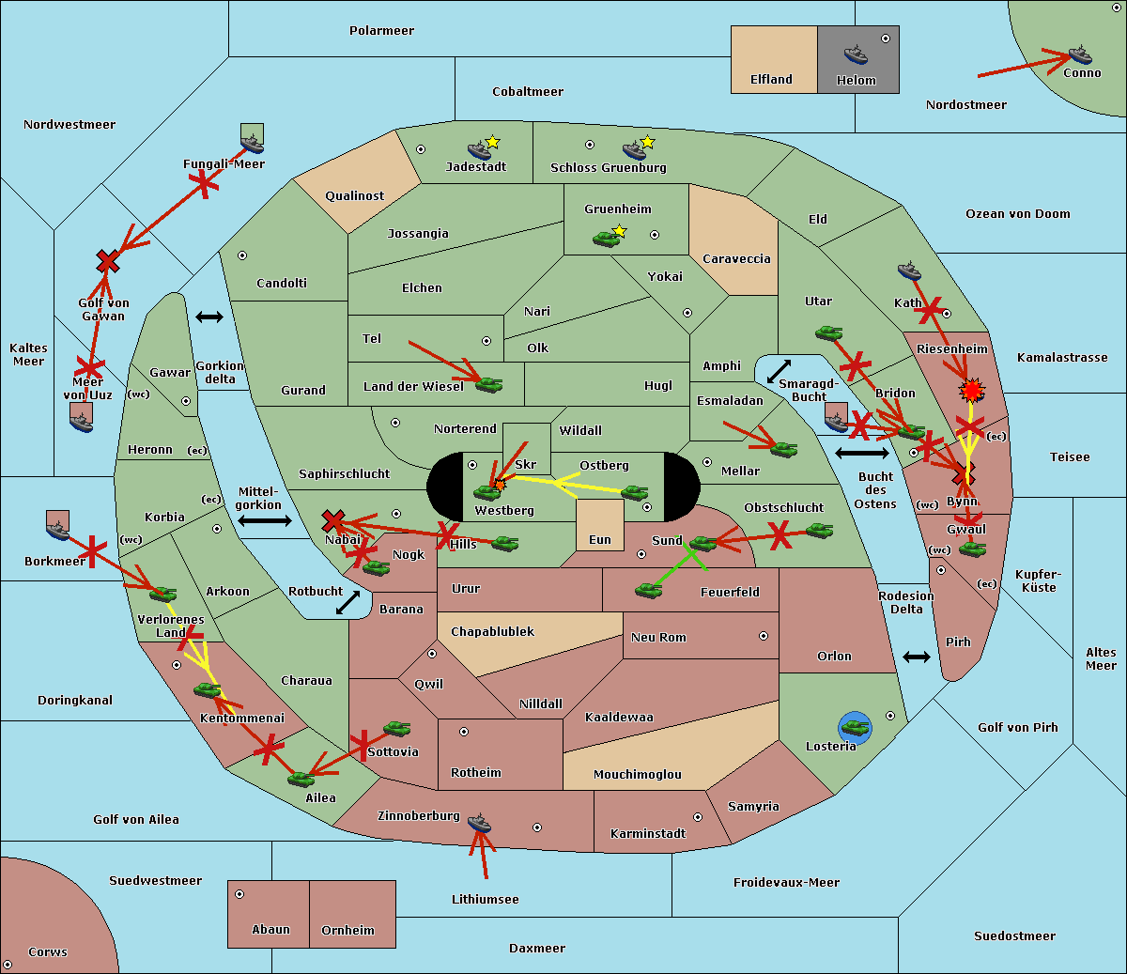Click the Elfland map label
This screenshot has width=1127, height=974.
pyautogui.click(x=771, y=80)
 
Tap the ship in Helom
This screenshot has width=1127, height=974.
pyautogui.click(x=856, y=54)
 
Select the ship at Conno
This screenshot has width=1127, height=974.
pyautogui.click(x=1080, y=54)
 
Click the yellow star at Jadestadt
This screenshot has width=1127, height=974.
pyautogui.click(x=493, y=142)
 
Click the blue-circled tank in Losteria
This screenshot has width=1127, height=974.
pyautogui.click(x=855, y=726)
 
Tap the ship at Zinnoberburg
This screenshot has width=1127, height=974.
pyautogui.click(x=480, y=824)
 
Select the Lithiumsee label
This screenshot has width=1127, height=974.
pyautogui.click(x=485, y=900)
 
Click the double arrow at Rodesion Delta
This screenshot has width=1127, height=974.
pyautogui.click(x=917, y=657)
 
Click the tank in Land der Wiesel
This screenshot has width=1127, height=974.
pyautogui.click(x=488, y=383)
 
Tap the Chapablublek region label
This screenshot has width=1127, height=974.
pyautogui.click(x=492, y=632)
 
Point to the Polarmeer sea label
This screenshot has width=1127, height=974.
pyautogui.click(x=381, y=31)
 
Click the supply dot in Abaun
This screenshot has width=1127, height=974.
pyautogui.click(x=239, y=894)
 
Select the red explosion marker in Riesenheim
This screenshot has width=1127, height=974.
pyautogui.click(x=972, y=389)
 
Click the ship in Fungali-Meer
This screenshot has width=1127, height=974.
pyautogui.click(x=252, y=144)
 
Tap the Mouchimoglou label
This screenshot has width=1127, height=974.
pyautogui.click(x=637, y=775)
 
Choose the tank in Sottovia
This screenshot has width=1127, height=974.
pyautogui.click(x=396, y=728)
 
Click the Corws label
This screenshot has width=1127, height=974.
pyautogui.click(x=47, y=952)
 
